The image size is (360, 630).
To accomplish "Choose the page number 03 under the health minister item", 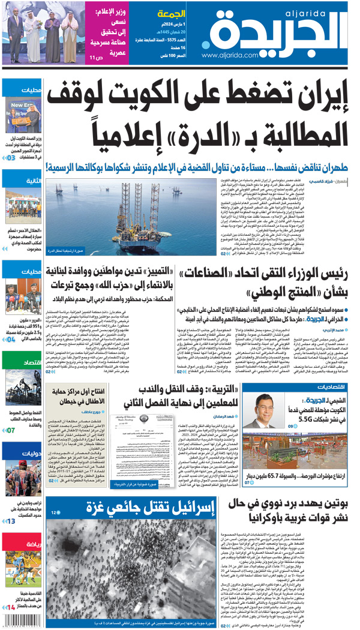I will click(x=10, y=158).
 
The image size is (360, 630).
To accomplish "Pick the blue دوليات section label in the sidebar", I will click(x=31, y=454).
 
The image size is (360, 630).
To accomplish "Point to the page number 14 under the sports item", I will click(x=11, y=608).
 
